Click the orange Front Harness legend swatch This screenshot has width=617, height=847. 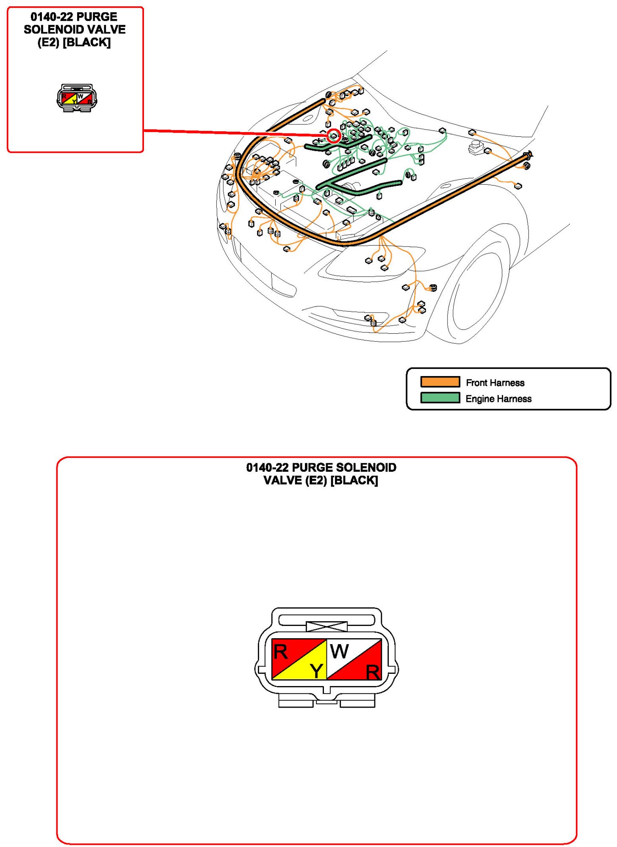(440, 382)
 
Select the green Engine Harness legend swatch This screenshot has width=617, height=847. (440, 398)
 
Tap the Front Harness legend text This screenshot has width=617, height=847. (495, 382)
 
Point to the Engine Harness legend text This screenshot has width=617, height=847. (498, 399)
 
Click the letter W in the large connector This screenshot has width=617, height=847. (339, 651)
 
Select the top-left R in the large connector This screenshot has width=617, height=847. (280, 652)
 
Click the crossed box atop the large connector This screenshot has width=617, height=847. (326, 626)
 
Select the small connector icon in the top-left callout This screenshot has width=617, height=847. (77, 98)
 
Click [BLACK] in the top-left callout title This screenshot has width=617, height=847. (86, 42)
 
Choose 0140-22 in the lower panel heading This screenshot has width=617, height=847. (267, 468)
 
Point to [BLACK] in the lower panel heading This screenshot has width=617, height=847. (354, 480)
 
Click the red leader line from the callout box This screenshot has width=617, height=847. (235, 133)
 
